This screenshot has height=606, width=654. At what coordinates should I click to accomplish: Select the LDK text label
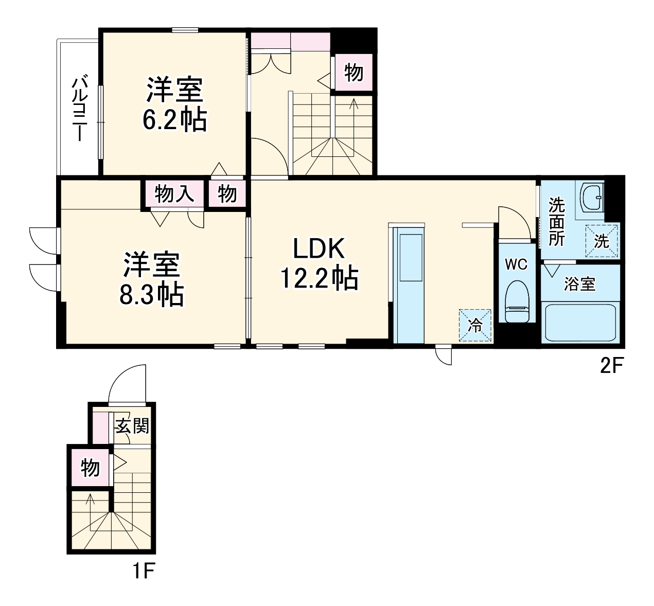[319, 248]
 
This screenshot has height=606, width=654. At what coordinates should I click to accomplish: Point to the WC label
[516, 264]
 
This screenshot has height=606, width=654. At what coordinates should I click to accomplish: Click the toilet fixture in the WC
[517, 301]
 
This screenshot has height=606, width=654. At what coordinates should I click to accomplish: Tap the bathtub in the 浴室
[580, 323]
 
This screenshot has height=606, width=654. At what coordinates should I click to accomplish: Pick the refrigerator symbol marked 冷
[475, 326]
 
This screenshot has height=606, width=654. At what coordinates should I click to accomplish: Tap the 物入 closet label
[174, 193]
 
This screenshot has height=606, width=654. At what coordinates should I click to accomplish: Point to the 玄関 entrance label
[132, 426]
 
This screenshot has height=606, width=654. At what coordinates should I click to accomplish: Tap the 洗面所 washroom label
[557, 222]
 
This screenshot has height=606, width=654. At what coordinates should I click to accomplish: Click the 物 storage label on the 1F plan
[90, 468]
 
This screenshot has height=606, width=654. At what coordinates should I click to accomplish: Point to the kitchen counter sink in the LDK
[411, 258]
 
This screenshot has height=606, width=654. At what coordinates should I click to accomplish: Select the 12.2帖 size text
[319, 278]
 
